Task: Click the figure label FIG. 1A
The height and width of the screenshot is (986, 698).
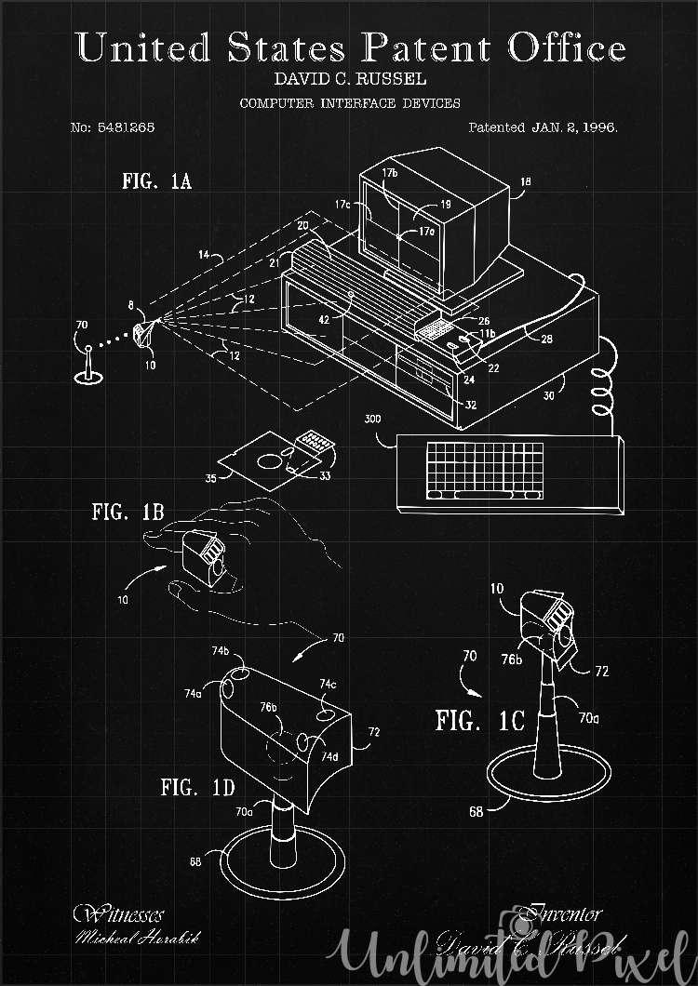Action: pyautogui.click(x=156, y=180)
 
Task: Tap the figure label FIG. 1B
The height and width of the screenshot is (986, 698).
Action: pyautogui.click(x=128, y=512)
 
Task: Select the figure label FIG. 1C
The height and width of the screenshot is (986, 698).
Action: pyautogui.click(x=480, y=721)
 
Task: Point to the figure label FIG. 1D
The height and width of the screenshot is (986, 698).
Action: pyautogui.click(x=197, y=788)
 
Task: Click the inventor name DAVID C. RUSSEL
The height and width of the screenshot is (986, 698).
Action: pyautogui.click(x=349, y=81)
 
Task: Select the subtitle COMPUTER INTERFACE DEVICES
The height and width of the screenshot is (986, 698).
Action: pyautogui.click(x=349, y=103)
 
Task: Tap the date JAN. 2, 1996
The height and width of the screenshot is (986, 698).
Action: pyautogui.click(x=574, y=127)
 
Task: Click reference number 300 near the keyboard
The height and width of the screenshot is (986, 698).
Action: pyautogui.click(x=373, y=420)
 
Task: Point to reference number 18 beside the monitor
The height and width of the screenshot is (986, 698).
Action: pyautogui.click(x=526, y=182)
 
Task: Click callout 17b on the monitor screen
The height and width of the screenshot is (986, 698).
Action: pyautogui.click(x=391, y=174)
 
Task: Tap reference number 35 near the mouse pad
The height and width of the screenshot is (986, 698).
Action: pyautogui.click(x=211, y=480)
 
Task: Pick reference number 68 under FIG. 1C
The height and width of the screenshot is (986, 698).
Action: pyautogui.click(x=476, y=811)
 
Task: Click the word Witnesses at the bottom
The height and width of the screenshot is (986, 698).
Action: pyautogui.click(x=118, y=914)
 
